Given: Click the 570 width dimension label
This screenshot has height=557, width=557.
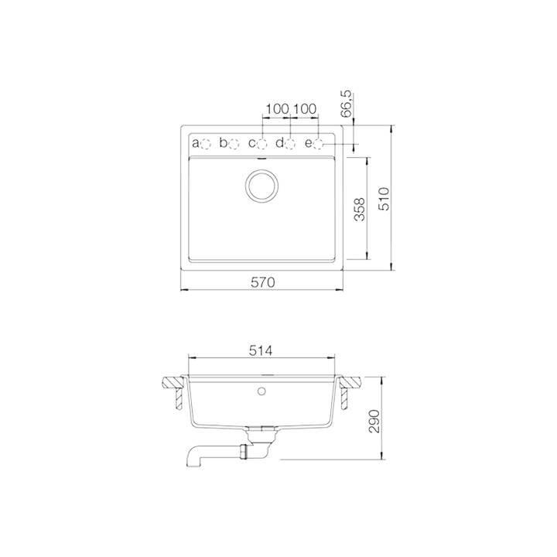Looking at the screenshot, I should [262, 282].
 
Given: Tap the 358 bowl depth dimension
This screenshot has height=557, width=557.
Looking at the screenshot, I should [359, 209].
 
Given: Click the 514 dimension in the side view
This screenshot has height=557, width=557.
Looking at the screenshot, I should [261, 350].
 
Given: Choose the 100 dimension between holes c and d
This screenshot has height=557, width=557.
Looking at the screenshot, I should [276, 109].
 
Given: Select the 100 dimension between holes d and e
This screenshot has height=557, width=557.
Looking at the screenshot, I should [304, 109].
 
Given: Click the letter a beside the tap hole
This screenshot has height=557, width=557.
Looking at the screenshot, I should [196, 143].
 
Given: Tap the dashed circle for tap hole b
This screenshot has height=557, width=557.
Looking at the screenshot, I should [234, 143].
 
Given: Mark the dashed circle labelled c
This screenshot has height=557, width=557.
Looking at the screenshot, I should [263, 143].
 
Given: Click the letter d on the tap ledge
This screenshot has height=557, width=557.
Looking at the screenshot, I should [280, 143].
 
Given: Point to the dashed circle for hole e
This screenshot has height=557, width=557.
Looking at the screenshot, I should [318, 143].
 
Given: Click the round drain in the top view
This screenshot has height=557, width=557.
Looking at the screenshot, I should [262, 186].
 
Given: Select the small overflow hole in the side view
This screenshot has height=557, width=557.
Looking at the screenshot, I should [262, 390].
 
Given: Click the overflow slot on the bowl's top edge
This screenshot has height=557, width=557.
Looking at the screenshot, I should [262, 159].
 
